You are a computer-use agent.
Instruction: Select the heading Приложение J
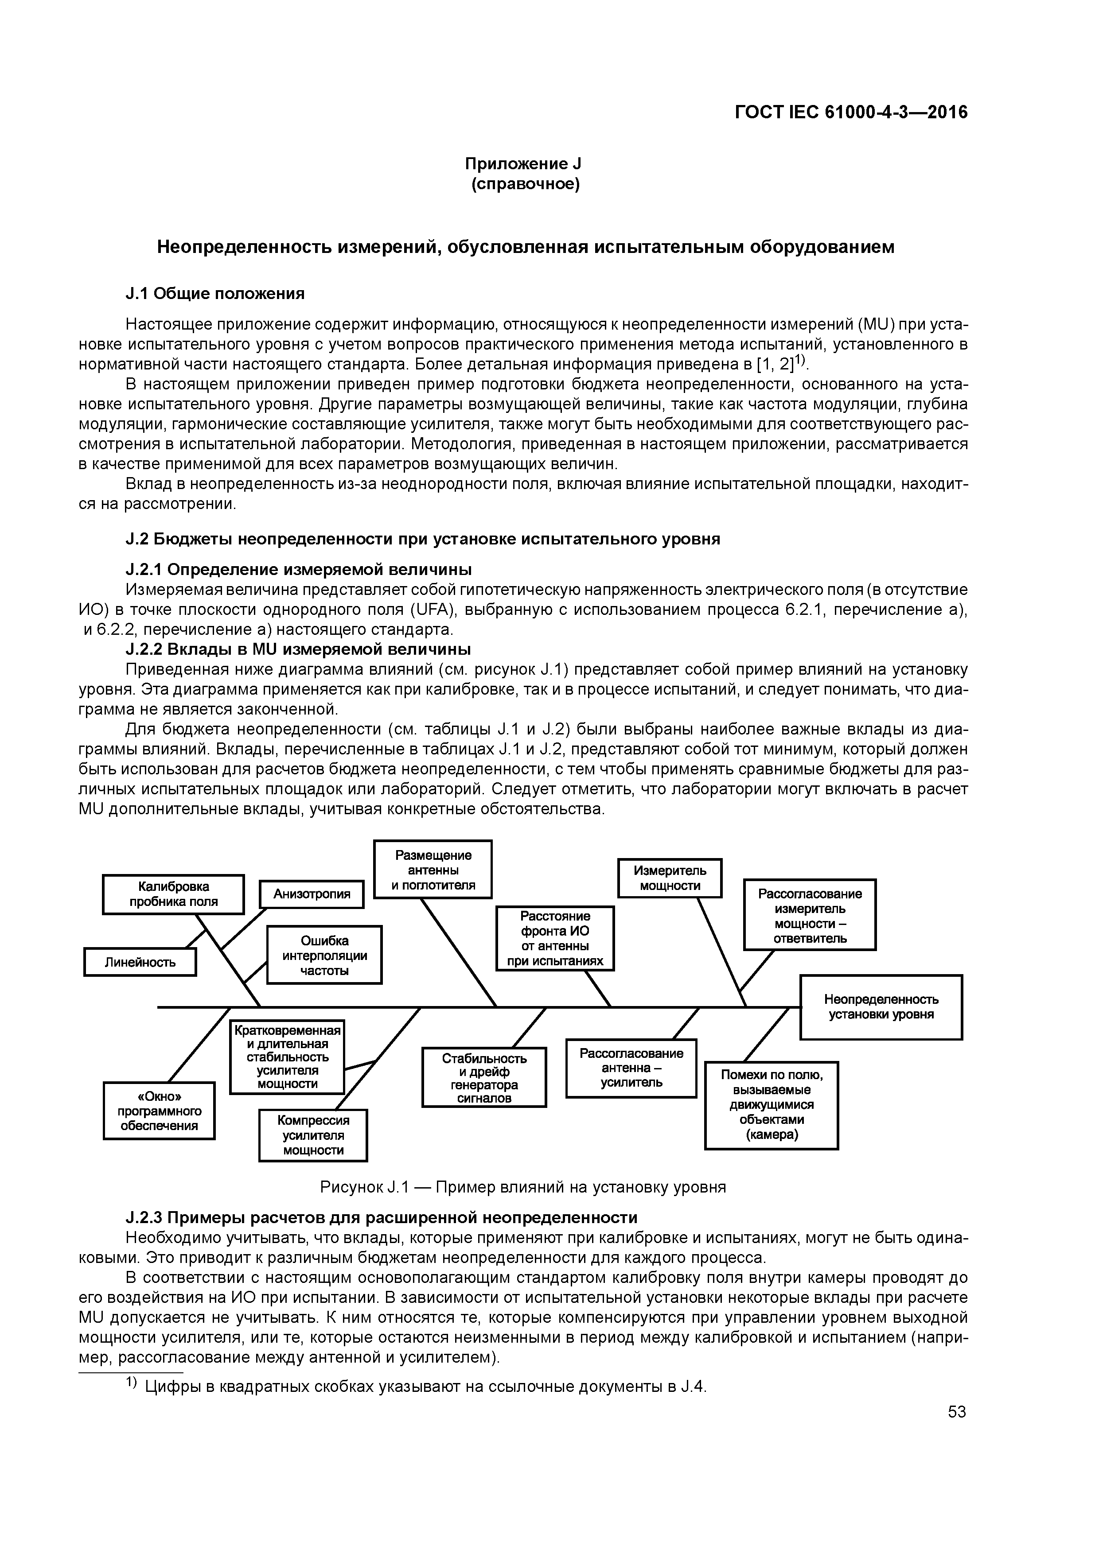(x=523, y=164)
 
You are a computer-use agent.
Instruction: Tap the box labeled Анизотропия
(x=312, y=894)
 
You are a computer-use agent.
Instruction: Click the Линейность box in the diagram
(x=140, y=962)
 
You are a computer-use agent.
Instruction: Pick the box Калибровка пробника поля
(x=173, y=894)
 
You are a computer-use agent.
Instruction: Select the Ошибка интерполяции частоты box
(x=324, y=955)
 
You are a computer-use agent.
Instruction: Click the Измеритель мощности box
(x=669, y=878)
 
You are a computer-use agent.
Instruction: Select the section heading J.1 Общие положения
(x=215, y=293)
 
